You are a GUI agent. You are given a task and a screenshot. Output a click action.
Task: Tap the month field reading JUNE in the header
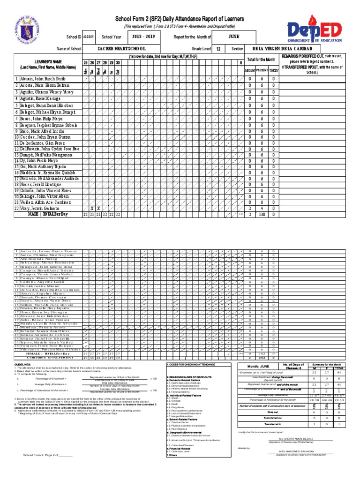tap(234, 36)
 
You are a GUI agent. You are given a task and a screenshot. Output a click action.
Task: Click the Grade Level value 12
tap(218, 49)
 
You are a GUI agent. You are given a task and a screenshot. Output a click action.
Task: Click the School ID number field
tap(89, 37)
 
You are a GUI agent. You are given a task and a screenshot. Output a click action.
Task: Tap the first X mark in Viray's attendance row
tap(92, 208)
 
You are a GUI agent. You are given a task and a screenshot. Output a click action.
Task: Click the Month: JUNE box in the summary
tap(258, 379)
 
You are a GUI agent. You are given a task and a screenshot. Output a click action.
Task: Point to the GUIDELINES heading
tap(22, 377)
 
